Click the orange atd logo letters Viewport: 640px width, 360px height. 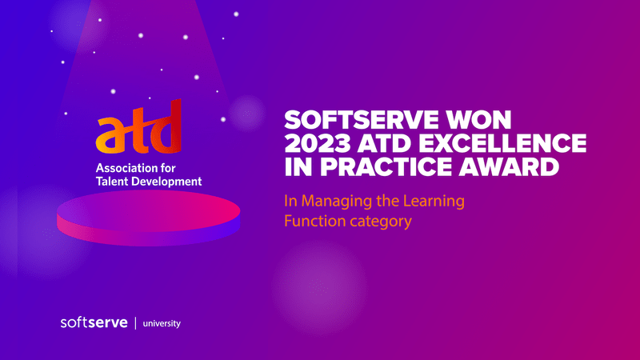[138, 127]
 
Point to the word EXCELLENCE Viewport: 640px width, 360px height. [502, 143]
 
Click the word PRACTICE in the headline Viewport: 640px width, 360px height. [386, 166]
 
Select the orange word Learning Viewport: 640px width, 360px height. [434, 202]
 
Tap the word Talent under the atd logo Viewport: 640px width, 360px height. [110, 182]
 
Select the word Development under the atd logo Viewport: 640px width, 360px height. [164, 182]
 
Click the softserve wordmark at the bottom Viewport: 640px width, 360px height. [94, 322]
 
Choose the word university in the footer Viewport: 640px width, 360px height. [162, 324]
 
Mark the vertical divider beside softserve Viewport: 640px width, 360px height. [135, 323]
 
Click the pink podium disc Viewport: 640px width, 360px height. [149, 218]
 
